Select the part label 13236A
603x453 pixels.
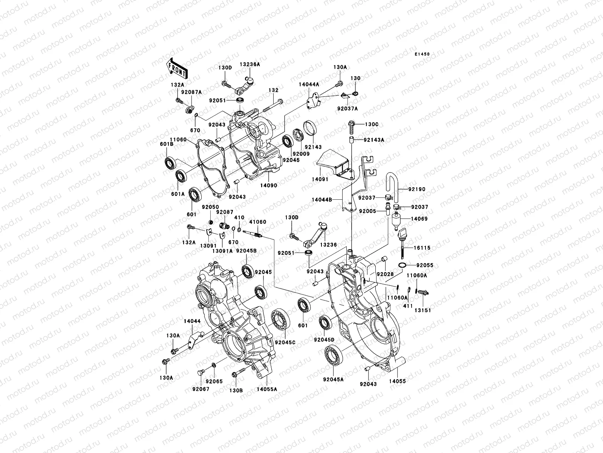pos(250,65)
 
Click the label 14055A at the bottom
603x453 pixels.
pos(267,388)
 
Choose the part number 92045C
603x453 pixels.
pos(285,342)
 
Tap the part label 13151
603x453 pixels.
pos(423,310)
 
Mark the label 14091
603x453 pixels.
pos(320,179)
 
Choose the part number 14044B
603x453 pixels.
pos(321,200)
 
